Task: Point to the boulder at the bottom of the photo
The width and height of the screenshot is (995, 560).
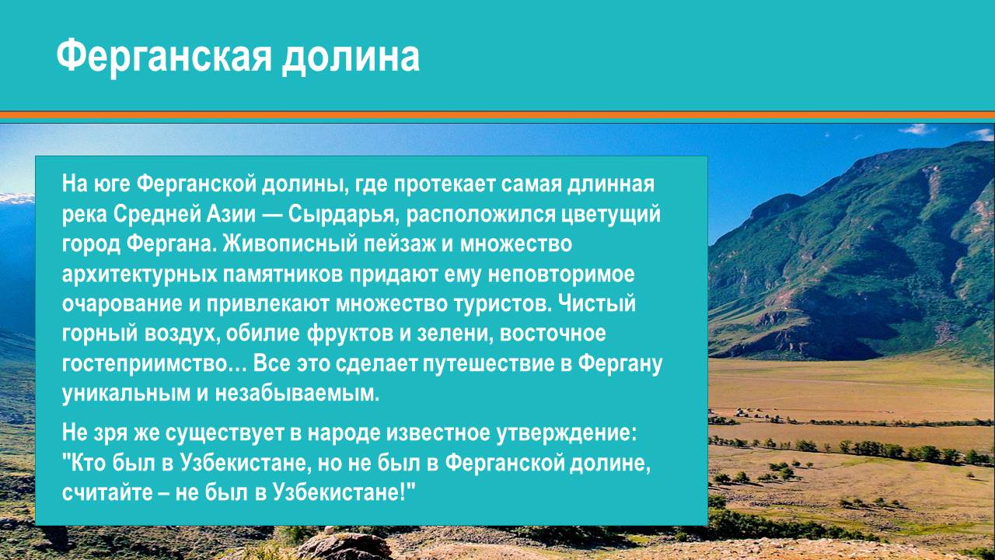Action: [343, 546]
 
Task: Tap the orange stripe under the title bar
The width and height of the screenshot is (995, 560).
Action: [497, 115]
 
